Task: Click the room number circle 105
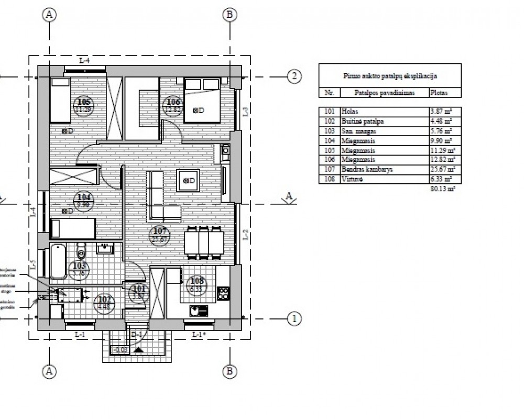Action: [84, 105]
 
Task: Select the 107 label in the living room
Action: [158, 234]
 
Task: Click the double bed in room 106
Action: [202, 100]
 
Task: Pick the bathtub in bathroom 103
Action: [58, 262]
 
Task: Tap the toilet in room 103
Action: [81, 251]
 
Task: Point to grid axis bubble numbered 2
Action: [294, 77]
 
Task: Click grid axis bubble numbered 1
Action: [294, 318]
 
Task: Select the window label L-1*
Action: [198, 334]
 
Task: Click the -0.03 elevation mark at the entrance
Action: [119, 350]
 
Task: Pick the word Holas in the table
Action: [348, 112]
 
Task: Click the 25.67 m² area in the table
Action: [442, 169]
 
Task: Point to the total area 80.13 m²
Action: [441, 188]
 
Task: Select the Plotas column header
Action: [439, 93]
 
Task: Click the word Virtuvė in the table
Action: [351, 179]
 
